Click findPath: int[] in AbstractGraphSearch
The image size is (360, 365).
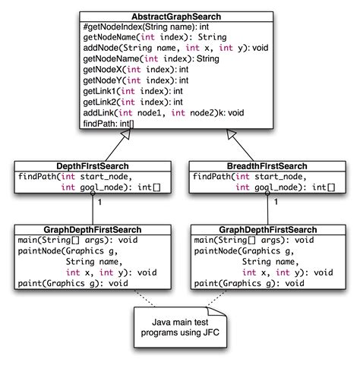point(109,137)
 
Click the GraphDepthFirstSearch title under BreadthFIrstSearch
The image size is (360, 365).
point(266,229)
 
